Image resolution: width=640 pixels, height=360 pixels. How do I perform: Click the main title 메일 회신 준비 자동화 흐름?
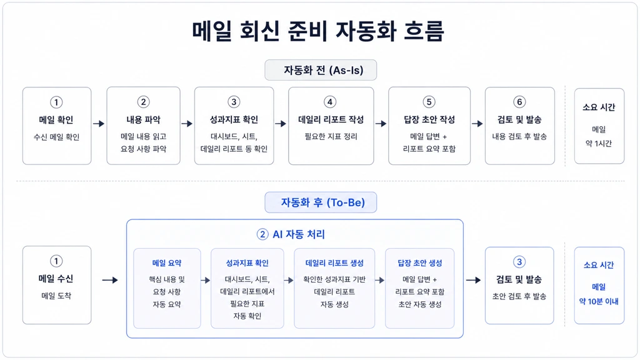[318, 31]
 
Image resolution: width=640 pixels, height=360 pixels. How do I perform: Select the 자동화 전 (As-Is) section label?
[323, 70]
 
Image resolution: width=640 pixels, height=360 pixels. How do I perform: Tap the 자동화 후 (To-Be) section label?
[322, 202]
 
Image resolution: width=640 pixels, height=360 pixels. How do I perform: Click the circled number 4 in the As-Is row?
[330, 102]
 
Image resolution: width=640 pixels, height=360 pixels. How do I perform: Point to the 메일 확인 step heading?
[56, 119]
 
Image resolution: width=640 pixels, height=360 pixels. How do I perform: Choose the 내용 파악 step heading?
[143, 119]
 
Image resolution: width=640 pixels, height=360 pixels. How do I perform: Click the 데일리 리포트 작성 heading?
[331, 119]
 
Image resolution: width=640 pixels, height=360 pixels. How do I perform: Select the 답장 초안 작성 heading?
[429, 119]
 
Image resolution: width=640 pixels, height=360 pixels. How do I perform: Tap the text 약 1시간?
[599, 143]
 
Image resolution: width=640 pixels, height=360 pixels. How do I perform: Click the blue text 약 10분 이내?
[599, 302]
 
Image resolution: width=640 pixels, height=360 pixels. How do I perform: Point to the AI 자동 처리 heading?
[299, 234]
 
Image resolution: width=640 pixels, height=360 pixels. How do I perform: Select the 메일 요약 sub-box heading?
[166, 263]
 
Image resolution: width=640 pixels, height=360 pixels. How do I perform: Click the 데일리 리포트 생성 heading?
[334, 263]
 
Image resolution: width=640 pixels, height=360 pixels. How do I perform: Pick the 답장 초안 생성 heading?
[419, 263]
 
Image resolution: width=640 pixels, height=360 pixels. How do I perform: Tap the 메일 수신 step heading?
[56, 279]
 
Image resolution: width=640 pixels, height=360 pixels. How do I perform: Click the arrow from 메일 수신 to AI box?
[110, 280]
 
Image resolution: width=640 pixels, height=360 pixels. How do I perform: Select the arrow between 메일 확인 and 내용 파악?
[99, 124]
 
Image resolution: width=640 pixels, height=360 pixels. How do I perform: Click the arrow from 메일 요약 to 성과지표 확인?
[205, 281]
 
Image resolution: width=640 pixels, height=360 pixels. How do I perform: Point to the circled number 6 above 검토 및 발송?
[519, 102]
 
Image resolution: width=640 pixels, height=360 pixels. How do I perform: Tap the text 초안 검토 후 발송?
[519, 296]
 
